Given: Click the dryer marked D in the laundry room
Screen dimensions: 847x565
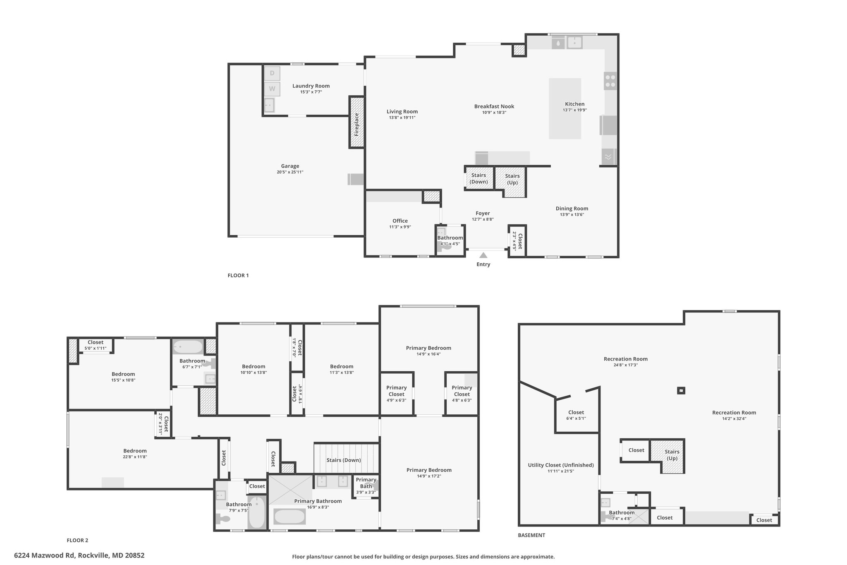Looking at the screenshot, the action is pos(272,73).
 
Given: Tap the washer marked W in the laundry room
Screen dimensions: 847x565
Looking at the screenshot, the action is pos(272,89).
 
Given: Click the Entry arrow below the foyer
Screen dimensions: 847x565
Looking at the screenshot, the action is pos(483,255).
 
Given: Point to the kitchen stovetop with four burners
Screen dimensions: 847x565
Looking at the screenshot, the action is pos(610,81).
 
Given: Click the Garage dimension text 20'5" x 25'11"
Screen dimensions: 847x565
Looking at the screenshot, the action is pos(290,172).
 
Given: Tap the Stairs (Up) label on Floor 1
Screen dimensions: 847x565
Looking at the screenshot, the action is pos(512,179).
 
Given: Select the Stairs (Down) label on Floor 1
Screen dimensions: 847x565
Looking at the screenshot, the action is pos(479,178).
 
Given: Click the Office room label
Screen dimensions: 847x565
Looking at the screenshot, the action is pos(400,221).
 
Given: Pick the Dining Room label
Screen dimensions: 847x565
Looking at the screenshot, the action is pos(572,209).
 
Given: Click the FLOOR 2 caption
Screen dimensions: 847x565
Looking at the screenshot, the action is pos(77,540).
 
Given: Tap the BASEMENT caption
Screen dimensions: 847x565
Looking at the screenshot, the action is pos(531,535).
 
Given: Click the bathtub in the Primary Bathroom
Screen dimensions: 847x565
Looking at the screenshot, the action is pos(290,517).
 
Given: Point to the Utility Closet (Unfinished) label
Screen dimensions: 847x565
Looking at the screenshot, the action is pos(561,465).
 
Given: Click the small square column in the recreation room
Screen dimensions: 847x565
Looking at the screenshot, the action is pos(681,390).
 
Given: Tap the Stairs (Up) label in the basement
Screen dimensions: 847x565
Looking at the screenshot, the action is pos(672,455).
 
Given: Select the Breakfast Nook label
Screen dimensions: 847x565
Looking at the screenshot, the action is pos(494,106).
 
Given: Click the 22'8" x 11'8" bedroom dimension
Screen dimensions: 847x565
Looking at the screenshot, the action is pos(135,457).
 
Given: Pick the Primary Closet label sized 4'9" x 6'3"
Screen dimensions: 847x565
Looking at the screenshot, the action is pos(397,391).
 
